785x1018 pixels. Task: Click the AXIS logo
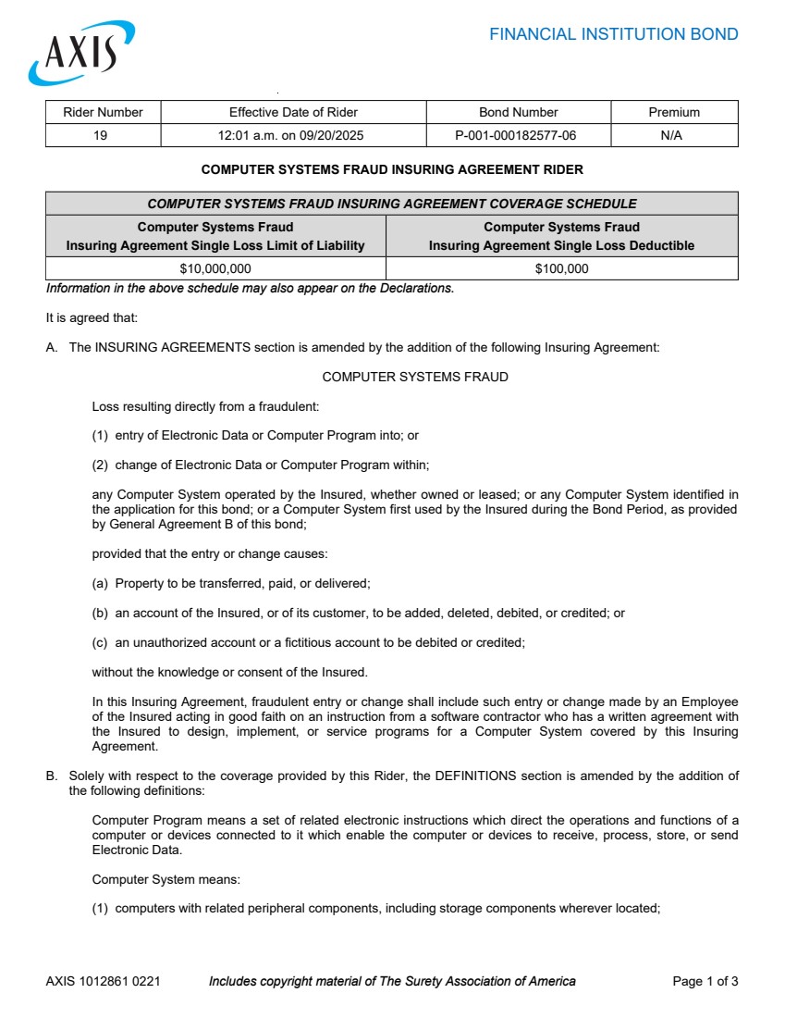(x=81, y=53)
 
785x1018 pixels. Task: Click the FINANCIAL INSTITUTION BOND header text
(x=613, y=35)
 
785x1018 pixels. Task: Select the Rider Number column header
(x=103, y=112)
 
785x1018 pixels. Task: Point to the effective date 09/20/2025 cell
(x=293, y=135)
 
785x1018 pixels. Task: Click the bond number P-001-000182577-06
(x=518, y=135)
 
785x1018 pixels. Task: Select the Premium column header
(x=674, y=112)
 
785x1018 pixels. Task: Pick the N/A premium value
(x=674, y=135)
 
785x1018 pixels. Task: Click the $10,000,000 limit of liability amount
(x=215, y=268)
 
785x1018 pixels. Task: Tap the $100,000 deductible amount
(x=561, y=268)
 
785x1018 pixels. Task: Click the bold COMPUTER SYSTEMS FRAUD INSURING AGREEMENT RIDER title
(x=392, y=170)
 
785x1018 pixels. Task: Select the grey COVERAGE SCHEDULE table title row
(x=392, y=204)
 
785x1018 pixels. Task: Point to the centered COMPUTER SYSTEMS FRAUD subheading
(x=415, y=377)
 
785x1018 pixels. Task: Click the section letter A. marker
(x=52, y=348)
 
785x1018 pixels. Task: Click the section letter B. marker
(x=52, y=776)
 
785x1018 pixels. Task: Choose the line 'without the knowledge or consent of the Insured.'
(x=229, y=672)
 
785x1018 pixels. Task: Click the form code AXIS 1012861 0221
(x=103, y=981)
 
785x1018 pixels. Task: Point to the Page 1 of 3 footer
(x=705, y=981)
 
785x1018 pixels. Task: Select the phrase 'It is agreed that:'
(x=92, y=318)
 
